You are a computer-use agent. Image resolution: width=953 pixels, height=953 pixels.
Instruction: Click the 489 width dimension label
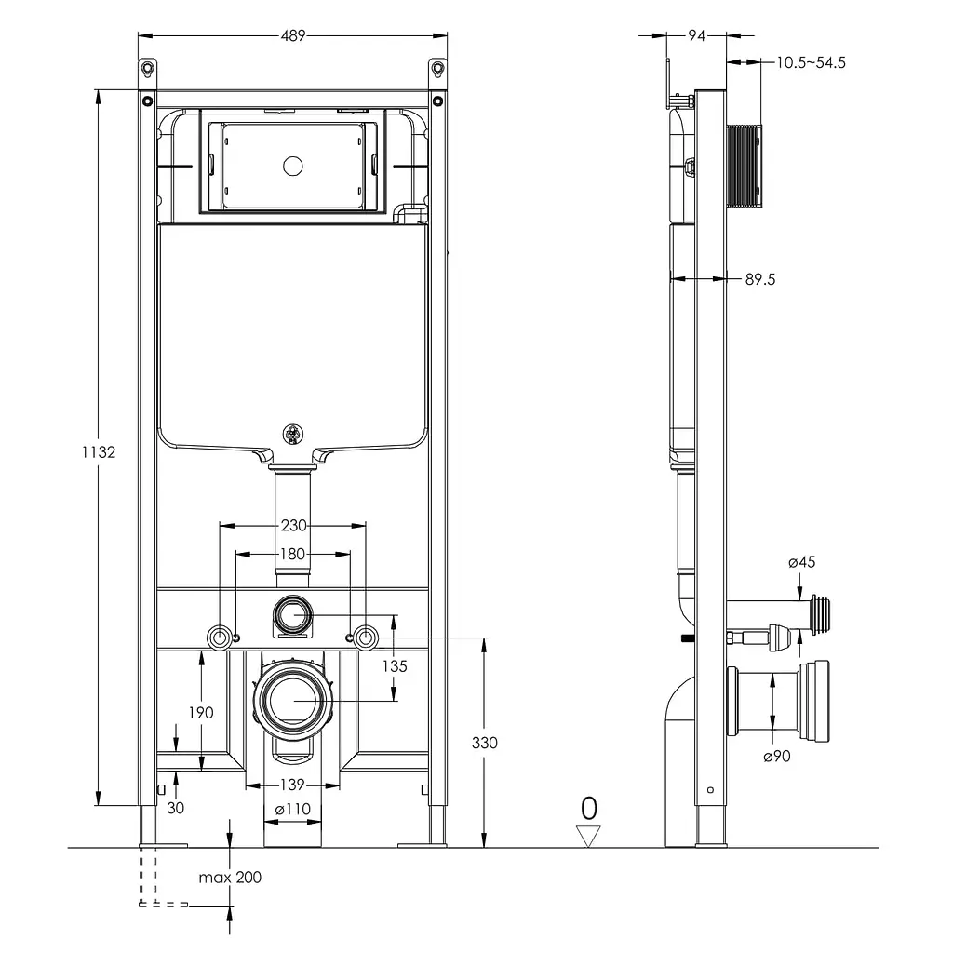point(293,36)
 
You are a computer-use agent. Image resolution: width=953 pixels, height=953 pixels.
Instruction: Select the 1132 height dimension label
point(99,452)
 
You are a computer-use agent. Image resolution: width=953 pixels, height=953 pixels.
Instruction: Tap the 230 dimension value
point(293,525)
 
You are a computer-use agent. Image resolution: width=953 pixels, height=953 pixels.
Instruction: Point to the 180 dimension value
point(292,555)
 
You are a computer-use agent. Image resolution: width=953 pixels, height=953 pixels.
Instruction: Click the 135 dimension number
point(395,666)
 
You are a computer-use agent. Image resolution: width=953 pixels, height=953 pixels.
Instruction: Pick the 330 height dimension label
point(484,743)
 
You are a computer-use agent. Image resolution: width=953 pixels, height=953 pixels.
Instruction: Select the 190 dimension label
point(201,712)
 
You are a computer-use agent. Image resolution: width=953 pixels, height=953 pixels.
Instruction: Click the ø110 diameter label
point(292,809)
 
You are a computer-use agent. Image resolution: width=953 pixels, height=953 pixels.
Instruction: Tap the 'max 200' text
point(230,877)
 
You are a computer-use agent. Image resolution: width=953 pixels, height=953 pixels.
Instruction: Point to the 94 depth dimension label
point(696,36)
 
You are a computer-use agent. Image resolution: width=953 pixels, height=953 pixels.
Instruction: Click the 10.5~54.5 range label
point(811,62)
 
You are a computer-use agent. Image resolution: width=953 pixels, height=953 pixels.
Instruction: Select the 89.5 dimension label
point(760,279)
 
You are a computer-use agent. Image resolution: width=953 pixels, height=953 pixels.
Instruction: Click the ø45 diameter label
point(801,562)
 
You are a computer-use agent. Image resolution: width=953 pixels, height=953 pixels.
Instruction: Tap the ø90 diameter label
point(777,756)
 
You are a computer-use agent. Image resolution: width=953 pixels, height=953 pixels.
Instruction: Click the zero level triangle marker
point(588,836)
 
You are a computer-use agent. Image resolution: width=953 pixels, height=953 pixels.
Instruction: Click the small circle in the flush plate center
point(293,166)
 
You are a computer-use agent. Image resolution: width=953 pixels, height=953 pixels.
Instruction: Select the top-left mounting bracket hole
point(147,68)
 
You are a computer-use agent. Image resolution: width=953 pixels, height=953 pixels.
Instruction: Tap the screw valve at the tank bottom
point(293,434)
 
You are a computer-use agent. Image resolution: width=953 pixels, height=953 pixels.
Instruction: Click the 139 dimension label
point(292,785)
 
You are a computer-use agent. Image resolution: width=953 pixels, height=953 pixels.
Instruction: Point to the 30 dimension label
point(176,808)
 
